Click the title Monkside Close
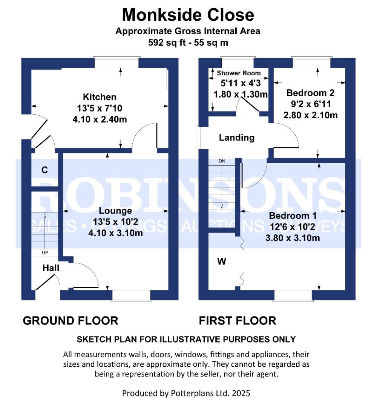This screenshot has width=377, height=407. [x=188, y=15]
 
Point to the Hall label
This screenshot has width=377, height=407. [x=51, y=268]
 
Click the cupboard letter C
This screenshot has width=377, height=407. [x=44, y=170]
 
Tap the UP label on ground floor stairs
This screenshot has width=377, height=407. [x=44, y=252]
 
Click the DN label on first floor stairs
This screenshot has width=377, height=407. [x=222, y=161]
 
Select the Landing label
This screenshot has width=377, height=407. [x=237, y=138]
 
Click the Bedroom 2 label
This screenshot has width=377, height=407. [x=310, y=93]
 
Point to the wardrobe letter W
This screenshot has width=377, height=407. [x=222, y=261]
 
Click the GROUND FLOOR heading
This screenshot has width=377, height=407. [x=70, y=321]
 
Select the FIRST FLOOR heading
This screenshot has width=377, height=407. [x=238, y=321]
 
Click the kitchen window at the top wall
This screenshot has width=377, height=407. [x=116, y=62]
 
